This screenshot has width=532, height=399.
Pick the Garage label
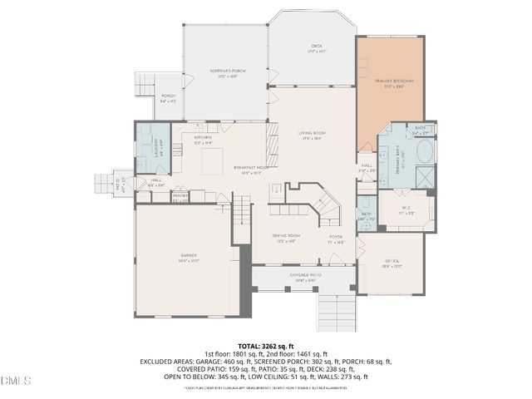tap(188, 258)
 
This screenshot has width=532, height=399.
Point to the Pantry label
tap(180, 197)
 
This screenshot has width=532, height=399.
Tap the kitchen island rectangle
tap(213, 159)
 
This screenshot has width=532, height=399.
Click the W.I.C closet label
tap(406, 209)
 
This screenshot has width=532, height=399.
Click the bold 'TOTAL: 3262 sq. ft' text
tap(266, 346)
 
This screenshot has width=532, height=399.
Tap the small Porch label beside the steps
tap(168, 97)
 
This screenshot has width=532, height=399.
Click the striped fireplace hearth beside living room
tap(271, 146)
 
